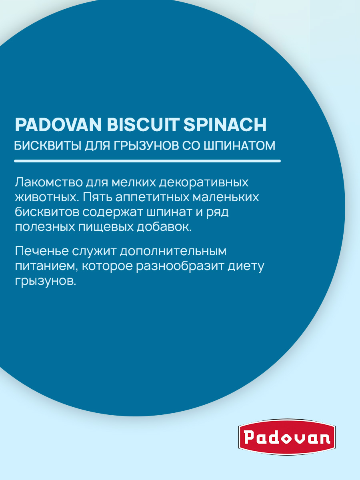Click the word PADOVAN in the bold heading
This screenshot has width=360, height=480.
[58, 125]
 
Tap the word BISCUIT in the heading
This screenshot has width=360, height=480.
[142, 125]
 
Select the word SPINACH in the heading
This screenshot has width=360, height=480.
[225, 125]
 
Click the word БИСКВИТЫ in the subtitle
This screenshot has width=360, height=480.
[48, 146]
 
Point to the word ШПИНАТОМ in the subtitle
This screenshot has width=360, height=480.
[239, 146]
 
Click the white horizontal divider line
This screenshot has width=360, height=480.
[147, 161]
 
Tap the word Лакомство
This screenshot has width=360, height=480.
[49, 182]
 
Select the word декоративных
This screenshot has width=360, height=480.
[204, 182]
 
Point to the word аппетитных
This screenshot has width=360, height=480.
[152, 198]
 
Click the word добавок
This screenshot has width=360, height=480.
[164, 227]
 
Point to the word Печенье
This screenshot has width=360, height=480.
[42, 251]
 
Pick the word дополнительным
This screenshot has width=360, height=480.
[173, 251]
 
